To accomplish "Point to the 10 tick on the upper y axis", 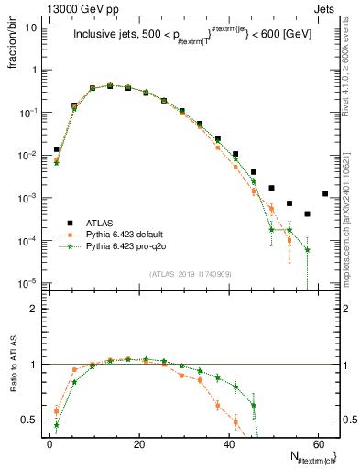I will point(34,27).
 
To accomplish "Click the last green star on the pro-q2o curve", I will point(308,249).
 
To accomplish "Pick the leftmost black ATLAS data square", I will point(57,149).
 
